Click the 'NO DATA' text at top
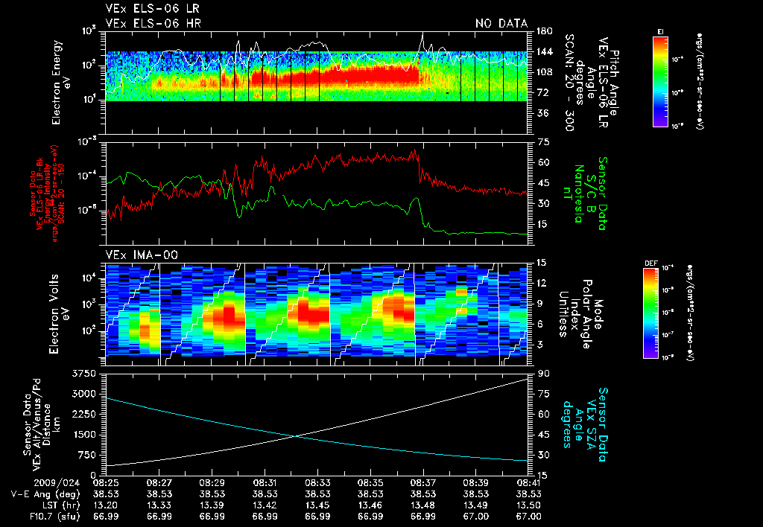coord(501,24)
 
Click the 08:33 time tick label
coord(318,482)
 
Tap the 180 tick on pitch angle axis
coord(542,31)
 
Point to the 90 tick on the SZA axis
coord(542,373)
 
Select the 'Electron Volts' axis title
coord(60,307)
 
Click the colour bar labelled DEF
coord(650,312)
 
